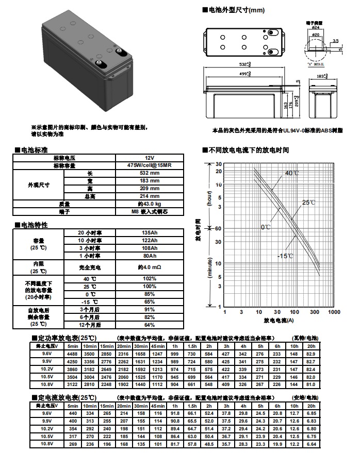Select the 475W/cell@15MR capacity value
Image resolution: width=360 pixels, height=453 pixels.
pos(149,165)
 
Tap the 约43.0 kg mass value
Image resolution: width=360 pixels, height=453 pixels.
pos(149,204)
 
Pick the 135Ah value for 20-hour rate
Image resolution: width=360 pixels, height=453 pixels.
pos(149,233)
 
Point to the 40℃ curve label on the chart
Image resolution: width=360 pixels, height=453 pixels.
pos(292,173)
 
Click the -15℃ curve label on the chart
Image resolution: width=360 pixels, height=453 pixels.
pos(285,256)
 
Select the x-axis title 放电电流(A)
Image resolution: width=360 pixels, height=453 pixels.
pos(279,321)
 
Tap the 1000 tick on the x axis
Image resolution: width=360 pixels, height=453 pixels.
pos(334,312)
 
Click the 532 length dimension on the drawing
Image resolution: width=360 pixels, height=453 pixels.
pos(245,64)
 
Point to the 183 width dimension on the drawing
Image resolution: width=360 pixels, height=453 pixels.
pos(322,76)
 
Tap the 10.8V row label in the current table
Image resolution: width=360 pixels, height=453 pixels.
pos(47,443)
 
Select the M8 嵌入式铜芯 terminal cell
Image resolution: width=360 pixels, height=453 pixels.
pos(149,211)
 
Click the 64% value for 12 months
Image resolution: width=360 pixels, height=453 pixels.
pos(149,325)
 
